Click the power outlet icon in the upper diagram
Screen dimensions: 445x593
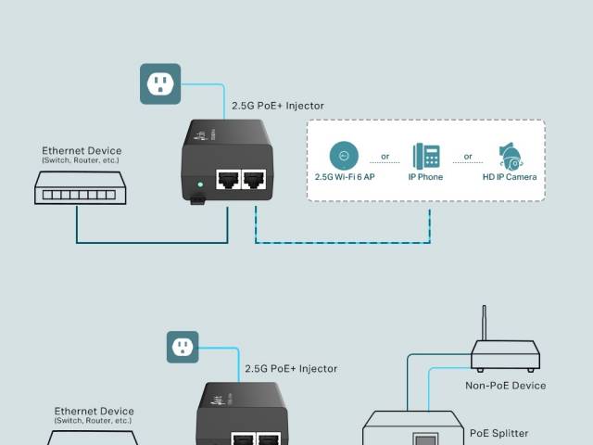tap(160, 84)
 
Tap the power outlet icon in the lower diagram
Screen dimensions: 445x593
tap(183, 347)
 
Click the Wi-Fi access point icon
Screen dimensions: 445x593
tap(343, 155)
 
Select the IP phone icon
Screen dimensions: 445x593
tap(427, 155)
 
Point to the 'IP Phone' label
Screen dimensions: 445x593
tap(427, 176)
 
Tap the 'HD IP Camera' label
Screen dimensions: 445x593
tap(509, 176)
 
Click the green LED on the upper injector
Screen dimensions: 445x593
tap(199, 185)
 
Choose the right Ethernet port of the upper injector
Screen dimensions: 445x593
tap(253, 179)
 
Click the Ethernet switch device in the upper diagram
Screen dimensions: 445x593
tap(76, 193)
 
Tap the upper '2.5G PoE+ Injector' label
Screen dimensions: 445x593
tap(278, 107)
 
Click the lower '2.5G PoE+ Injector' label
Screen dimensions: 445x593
tap(291, 368)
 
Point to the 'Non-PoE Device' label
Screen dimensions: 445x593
tap(505, 386)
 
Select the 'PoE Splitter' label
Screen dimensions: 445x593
tap(498, 433)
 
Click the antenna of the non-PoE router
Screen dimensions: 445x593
tap(483, 324)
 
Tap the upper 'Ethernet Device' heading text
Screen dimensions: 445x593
tap(82, 151)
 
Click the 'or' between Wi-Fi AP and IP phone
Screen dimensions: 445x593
tap(385, 156)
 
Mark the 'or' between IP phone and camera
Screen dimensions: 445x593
tap(468, 156)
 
